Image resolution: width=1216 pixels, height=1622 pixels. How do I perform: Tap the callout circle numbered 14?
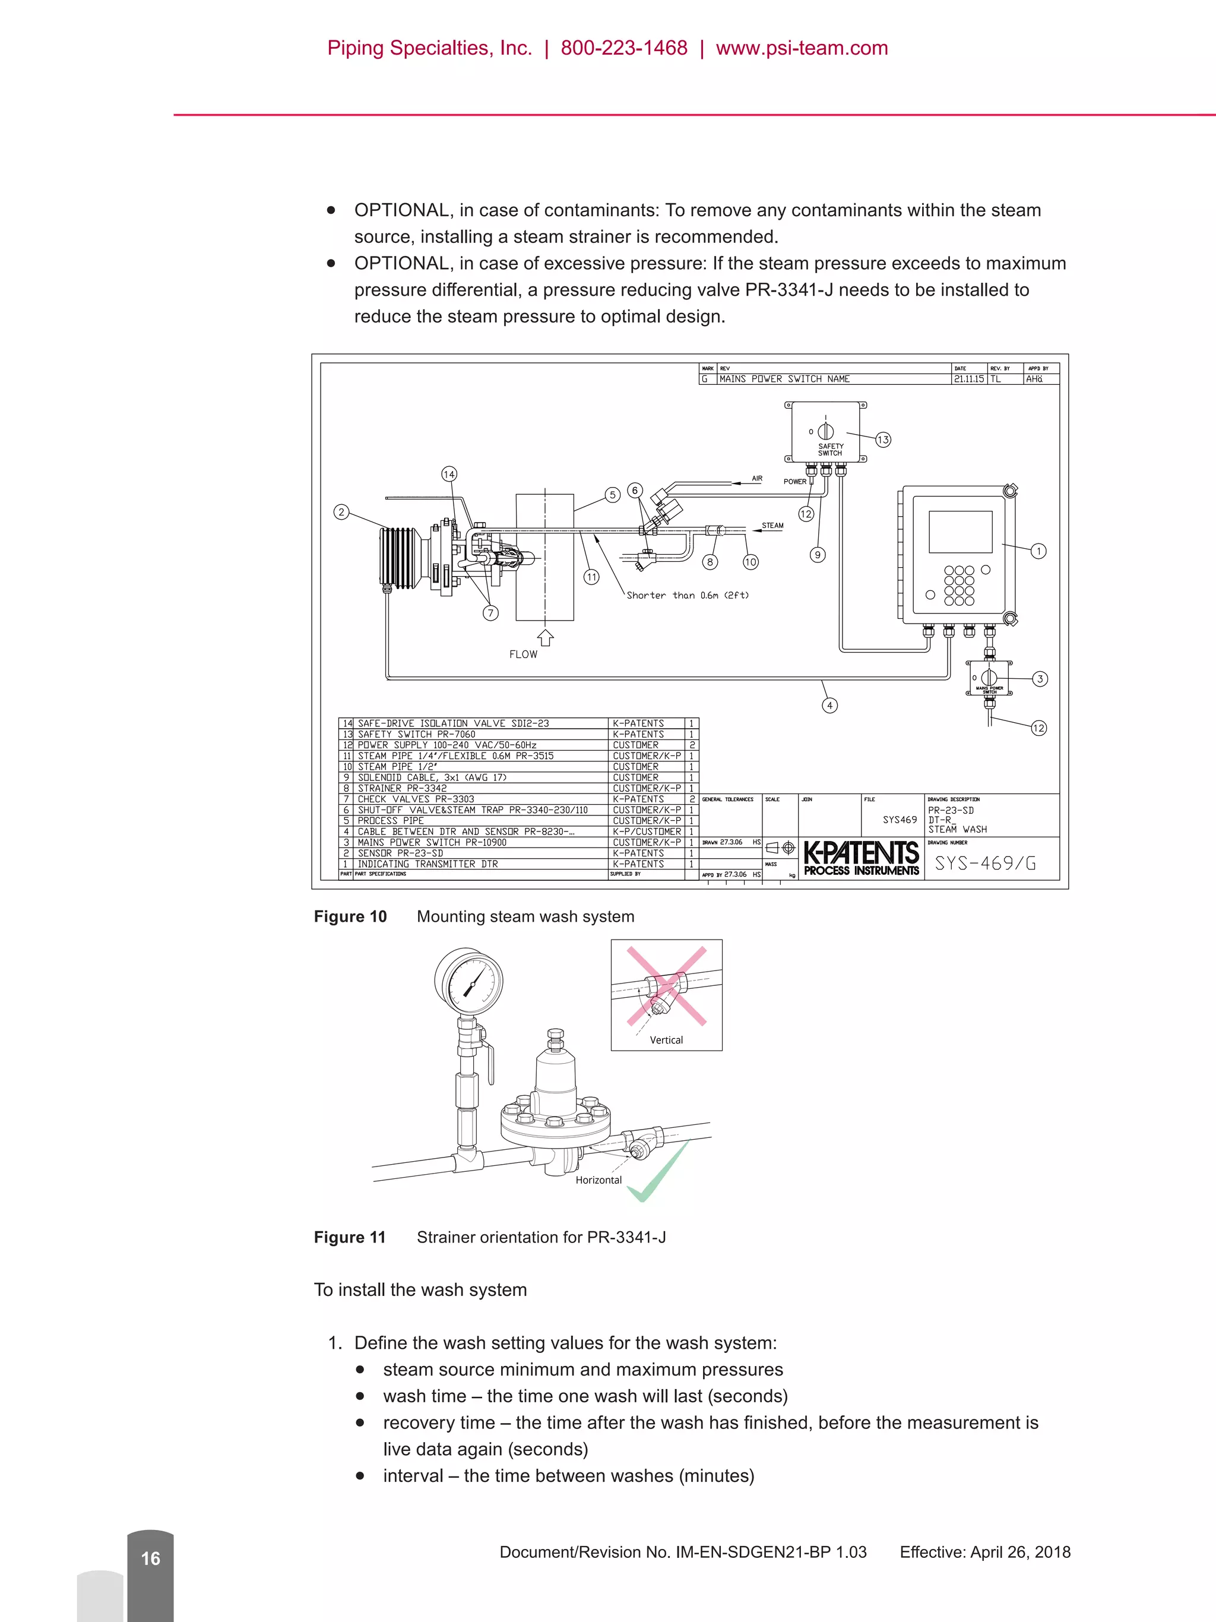[x=449, y=475]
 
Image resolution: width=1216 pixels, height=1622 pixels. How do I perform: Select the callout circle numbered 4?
[x=829, y=706]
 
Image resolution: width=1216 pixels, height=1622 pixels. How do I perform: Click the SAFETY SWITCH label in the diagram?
[x=831, y=450]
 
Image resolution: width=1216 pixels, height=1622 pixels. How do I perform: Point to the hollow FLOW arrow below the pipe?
[x=545, y=637]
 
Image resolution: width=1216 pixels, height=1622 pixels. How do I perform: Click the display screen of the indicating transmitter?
[x=960, y=532]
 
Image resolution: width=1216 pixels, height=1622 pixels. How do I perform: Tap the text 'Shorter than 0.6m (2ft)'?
[x=688, y=596]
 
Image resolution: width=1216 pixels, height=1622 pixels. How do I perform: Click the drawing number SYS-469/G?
[x=985, y=863]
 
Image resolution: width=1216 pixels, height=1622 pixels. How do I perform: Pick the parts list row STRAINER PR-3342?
[x=401, y=788]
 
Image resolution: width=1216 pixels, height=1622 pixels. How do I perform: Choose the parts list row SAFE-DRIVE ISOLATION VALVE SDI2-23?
[x=453, y=723]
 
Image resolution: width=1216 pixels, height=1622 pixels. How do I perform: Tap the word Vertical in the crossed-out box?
[x=666, y=1040]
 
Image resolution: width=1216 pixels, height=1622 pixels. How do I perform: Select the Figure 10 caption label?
[x=350, y=916]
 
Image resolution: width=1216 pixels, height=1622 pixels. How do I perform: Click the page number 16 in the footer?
[x=150, y=1558]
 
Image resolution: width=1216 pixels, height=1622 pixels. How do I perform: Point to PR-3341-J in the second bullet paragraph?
[x=788, y=290]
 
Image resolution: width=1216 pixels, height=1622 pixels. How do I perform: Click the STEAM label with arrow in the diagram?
[x=772, y=526]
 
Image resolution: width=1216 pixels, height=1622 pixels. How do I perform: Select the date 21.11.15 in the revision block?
[x=968, y=379]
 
